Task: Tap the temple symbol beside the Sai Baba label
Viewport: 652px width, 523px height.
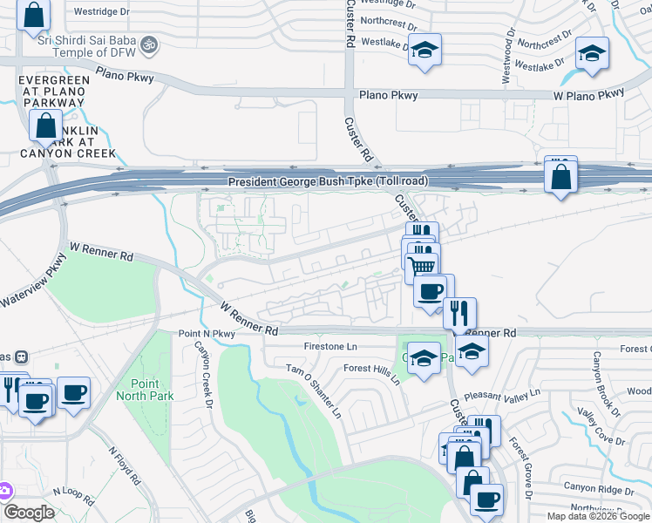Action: point(149,42)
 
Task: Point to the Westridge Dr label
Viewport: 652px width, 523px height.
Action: point(101,12)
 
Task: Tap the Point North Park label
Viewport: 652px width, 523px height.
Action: point(153,390)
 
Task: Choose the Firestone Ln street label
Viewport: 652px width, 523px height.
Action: point(330,347)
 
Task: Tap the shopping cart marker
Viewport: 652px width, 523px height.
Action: point(423,266)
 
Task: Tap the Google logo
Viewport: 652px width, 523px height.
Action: point(29,513)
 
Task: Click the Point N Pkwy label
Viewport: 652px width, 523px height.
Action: point(207,334)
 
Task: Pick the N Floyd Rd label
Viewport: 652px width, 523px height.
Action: point(124,466)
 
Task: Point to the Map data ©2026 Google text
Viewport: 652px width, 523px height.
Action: point(597,516)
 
